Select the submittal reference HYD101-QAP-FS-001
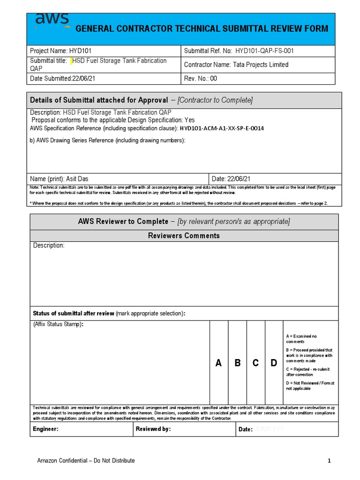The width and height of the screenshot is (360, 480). tap(264, 51)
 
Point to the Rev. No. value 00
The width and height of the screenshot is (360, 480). tap(213, 79)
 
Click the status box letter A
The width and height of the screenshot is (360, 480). tap(218, 363)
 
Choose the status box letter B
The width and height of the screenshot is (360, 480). tap(237, 363)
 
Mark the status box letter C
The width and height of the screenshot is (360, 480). tap(255, 363)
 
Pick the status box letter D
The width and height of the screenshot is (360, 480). tap(274, 363)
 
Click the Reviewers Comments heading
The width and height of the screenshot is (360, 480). tap(184, 236)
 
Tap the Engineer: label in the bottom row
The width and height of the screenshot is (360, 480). tap(45, 429)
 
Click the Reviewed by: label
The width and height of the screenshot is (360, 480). tap(153, 429)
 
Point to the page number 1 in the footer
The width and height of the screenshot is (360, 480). tap(329, 461)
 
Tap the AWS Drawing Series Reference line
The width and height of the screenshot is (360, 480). tap(107, 141)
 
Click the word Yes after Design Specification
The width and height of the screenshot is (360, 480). tap(189, 120)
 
